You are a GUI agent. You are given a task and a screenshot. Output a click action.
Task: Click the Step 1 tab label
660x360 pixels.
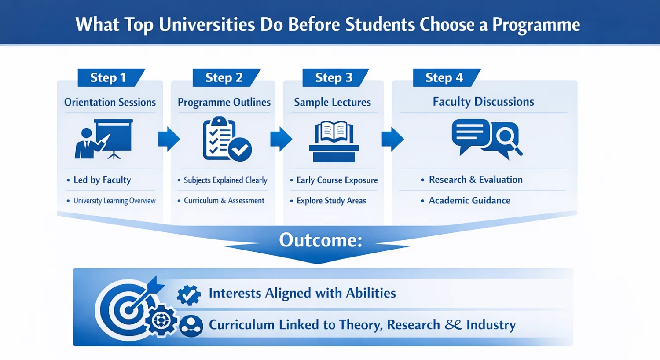click(108, 78)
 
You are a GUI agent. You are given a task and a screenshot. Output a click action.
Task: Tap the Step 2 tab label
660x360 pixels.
click(224, 78)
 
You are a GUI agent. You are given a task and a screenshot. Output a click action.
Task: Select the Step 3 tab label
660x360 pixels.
click(334, 78)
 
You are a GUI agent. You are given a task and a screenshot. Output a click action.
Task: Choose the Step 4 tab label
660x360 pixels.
click(444, 78)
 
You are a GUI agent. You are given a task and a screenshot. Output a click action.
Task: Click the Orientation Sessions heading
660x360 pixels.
click(110, 102)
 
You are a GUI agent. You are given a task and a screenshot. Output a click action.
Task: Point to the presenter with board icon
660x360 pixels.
click(104, 139)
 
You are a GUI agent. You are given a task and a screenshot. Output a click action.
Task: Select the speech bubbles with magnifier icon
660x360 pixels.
click(486, 138)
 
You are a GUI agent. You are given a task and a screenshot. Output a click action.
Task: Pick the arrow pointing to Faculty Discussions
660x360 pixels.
click(392, 139)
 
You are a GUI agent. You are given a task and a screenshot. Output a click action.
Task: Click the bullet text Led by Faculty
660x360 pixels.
click(102, 180)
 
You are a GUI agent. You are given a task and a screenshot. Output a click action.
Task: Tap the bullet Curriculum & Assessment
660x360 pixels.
click(224, 201)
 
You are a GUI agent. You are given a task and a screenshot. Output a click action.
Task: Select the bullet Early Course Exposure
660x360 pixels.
click(337, 180)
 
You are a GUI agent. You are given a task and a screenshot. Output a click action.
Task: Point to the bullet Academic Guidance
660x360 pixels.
click(469, 201)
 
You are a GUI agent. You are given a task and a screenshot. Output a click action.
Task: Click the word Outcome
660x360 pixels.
click(320, 240)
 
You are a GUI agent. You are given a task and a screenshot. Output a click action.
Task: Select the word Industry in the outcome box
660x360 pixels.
click(491, 325)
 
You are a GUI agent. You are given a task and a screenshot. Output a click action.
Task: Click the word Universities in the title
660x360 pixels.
click(207, 24)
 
